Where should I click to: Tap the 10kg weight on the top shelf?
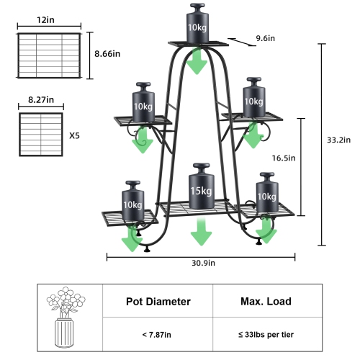point(197,24)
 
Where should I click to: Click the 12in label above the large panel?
point(47,20)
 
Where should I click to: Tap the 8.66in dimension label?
point(108,53)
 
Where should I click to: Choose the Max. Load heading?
point(261,302)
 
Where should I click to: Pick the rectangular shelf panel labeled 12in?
point(48,55)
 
